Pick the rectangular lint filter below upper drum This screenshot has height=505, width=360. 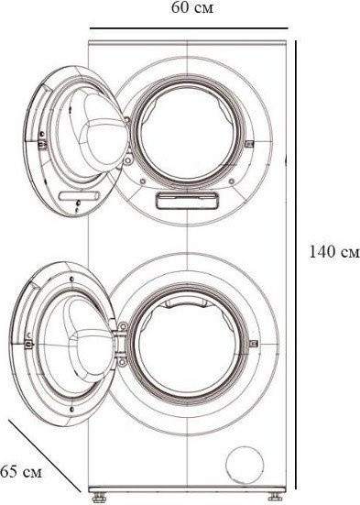pos(181,200)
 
